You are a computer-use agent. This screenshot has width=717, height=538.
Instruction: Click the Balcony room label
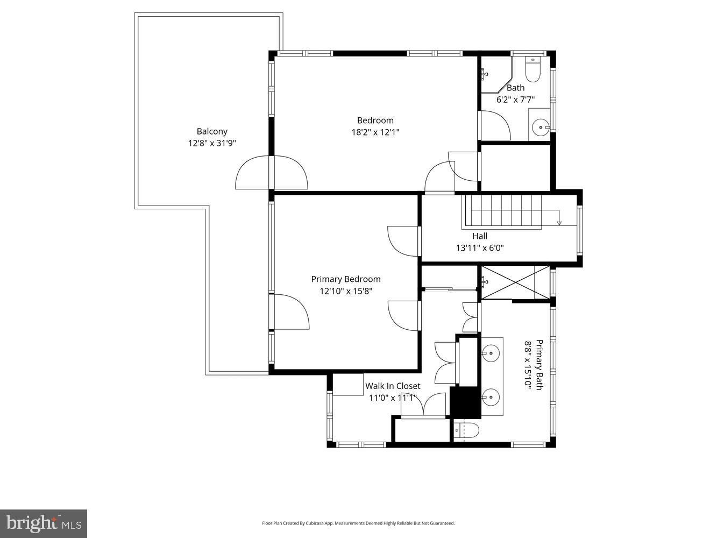(x=212, y=131)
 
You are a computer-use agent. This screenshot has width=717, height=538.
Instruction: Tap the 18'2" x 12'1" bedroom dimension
(x=375, y=132)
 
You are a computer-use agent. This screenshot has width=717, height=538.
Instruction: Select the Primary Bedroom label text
(x=346, y=279)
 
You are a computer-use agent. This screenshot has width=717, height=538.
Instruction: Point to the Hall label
(x=480, y=236)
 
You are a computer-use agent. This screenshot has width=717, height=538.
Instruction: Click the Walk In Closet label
(x=393, y=386)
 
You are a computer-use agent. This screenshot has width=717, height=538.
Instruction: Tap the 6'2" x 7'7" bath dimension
(x=515, y=99)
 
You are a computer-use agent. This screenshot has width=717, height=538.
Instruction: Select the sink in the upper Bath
(x=540, y=128)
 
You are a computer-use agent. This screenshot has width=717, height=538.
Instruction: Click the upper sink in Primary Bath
(x=490, y=353)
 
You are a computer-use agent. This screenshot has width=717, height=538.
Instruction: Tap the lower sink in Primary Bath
(x=490, y=398)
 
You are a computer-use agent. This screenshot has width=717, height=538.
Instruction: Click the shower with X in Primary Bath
(x=515, y=282)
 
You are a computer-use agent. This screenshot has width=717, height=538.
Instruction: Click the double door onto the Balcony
(x=272, y=172)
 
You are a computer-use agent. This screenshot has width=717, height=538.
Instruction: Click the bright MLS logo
(x=44, y=523)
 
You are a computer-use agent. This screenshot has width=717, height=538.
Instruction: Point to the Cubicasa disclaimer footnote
(x=358, y=523)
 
